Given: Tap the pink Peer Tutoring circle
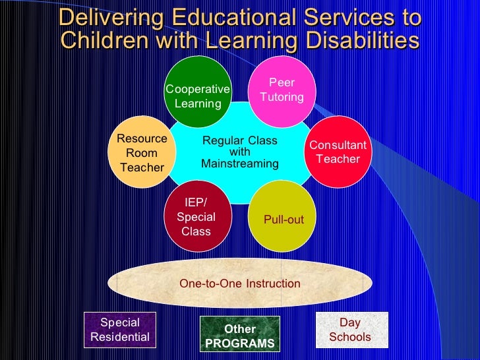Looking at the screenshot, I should (x=282, y=91).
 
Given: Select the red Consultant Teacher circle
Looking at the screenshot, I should (x=338, y=152).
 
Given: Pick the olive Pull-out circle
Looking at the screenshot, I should (x=284, y=218).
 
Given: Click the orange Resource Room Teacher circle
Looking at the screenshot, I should (x=142, y=152).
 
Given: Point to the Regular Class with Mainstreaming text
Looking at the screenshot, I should (x=239, y=152).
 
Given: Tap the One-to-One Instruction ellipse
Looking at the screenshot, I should (x=239, y=284).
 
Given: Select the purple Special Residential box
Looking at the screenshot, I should (x=120, y=330).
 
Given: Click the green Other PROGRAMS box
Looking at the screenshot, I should (x=240, y=336).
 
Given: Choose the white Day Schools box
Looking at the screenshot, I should (x=350, y=330).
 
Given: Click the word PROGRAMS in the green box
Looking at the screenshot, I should (x=240, y=344).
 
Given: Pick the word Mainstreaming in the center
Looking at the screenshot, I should (x=239, y=164).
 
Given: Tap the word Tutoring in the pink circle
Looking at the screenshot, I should (x=282, y=97).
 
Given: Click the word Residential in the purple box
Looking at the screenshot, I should (x=120, y=337).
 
